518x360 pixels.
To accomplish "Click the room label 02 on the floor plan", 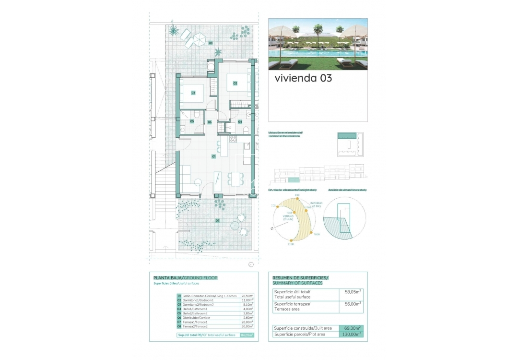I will coord(235,83).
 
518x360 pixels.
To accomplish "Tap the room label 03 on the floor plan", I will coord(194,93).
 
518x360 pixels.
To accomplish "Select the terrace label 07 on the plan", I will coord(217,221).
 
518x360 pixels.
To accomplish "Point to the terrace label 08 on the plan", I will coord(211,43).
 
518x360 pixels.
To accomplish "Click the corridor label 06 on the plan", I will coord(210,122).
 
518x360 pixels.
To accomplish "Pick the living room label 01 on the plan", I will coord(214,156).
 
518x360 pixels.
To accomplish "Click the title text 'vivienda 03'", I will coord(303,78).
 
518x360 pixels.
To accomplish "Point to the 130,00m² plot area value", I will coord(351,334).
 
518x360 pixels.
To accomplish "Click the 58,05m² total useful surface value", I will coord(351,292).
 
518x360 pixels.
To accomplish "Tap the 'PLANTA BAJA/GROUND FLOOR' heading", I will coord(185,278).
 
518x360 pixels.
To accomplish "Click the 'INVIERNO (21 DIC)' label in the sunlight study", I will coord(316,204).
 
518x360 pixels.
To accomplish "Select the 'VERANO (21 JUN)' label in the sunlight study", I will coord(289,217).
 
